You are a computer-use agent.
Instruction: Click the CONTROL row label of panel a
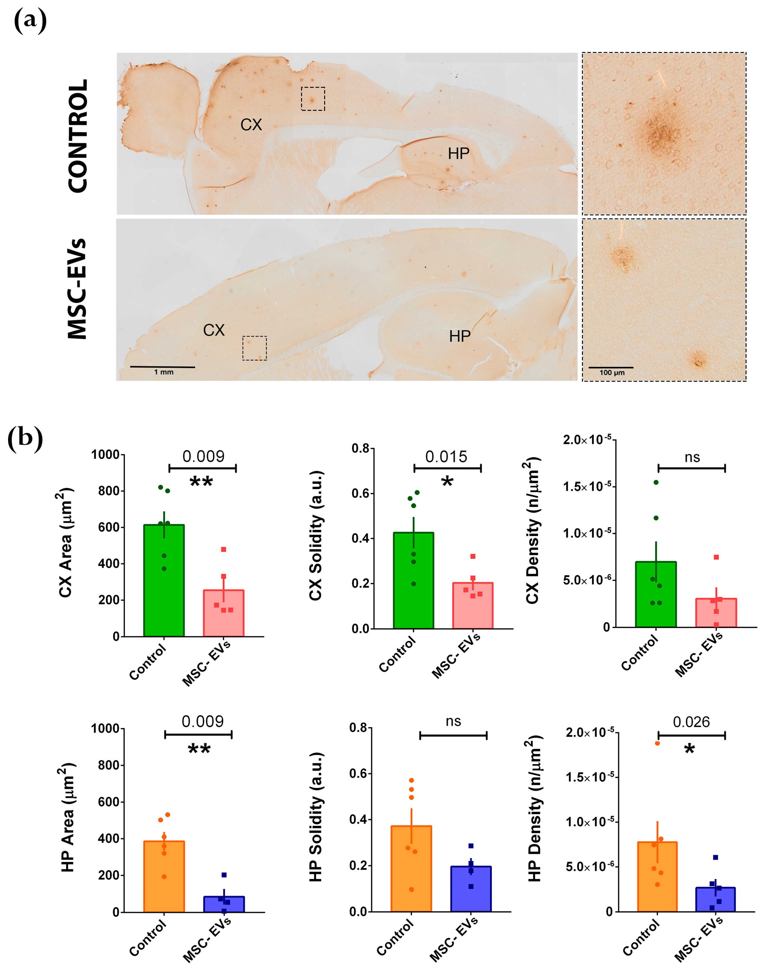78,136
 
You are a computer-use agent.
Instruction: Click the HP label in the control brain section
458,154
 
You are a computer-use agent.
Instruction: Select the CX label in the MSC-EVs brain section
213,330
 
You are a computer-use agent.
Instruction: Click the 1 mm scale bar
162,367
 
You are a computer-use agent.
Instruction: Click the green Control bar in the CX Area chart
164,580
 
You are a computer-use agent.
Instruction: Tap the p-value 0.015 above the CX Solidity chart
446,457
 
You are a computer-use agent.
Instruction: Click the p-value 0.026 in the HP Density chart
691,722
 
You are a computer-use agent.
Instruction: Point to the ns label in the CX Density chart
692,458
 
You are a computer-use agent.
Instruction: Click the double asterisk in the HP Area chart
199,750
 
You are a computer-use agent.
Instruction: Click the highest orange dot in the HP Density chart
657,743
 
